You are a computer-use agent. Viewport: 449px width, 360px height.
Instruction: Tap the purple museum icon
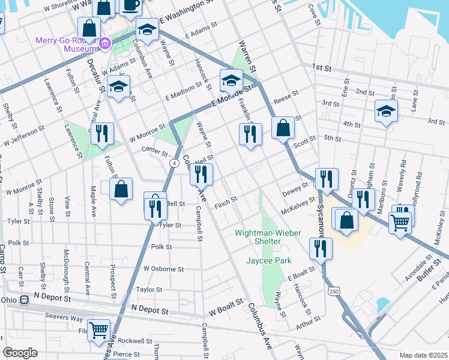coord(106,43)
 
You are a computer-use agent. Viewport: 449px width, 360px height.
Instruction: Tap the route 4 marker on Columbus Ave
coord(173,163)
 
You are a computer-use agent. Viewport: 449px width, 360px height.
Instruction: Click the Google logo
coord(20,353)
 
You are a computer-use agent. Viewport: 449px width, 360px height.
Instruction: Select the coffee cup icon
coord(131,5)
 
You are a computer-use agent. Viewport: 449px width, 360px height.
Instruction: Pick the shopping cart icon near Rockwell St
coord(98,329)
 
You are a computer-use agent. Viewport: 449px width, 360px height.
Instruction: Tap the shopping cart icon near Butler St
coord(400,223)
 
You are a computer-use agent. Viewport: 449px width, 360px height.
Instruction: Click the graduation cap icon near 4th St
coord(386,110)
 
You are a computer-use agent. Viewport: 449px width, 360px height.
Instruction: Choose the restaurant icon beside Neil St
coord(200,174)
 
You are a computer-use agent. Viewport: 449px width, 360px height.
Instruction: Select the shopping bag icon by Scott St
coord(283,128)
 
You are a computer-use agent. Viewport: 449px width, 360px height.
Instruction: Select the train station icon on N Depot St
coord(24,299)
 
